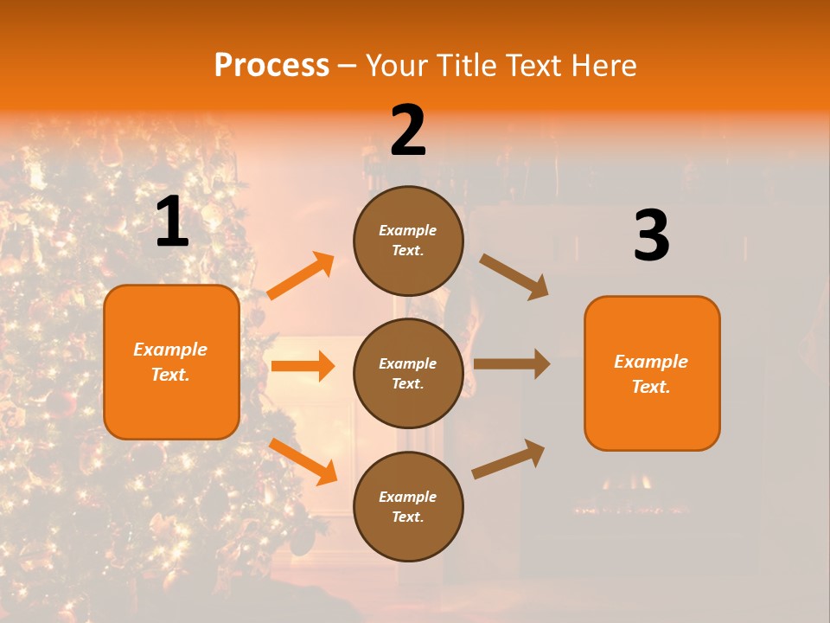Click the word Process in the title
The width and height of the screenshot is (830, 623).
click(x=271, y=65)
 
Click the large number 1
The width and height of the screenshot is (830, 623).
click(x=172, y=222)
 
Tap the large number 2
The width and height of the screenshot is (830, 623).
click(x=408, y=131)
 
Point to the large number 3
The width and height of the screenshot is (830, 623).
click(x=651, y=236)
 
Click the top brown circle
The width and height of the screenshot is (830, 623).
click(x=408, y=241)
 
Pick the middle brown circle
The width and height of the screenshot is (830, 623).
click(x=408, y=373)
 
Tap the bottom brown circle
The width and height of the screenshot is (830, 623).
click(x=408, y=506)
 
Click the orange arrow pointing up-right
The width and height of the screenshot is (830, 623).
click(x=301, y=276)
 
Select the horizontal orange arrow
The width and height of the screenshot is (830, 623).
click(x=303, y=366)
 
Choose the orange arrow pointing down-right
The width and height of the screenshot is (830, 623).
click(x=303, y=461)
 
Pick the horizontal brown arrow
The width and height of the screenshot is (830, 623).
click(x=512, y=364)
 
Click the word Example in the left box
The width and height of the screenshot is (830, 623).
click(x=170, y=350)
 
